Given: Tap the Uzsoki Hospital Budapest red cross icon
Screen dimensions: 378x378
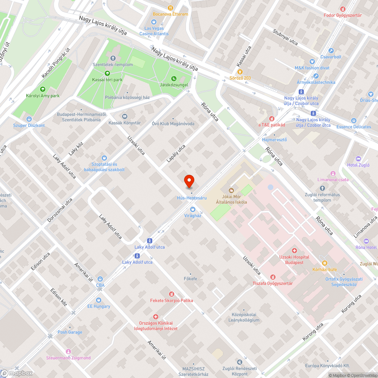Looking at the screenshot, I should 294,251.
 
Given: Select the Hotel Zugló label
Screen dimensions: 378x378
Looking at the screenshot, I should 358,165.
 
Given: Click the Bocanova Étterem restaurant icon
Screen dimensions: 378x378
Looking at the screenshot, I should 170,8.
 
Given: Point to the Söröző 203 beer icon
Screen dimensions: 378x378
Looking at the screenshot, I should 239,71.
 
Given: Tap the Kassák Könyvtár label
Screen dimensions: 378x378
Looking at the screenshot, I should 125,123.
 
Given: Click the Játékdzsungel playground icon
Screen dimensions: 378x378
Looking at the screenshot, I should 174,78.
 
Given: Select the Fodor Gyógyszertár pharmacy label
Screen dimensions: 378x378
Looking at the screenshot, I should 343,15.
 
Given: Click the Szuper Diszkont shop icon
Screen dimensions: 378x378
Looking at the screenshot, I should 29,119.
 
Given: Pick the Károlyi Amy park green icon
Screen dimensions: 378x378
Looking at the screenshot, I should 42,89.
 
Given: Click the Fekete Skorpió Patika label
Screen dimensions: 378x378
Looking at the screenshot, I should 171,301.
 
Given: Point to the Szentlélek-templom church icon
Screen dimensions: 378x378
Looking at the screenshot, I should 113,58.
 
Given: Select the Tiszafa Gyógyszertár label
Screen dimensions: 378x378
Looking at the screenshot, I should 273,283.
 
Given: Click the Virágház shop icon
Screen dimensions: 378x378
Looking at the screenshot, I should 192,209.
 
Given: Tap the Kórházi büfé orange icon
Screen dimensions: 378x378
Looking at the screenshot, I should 324,263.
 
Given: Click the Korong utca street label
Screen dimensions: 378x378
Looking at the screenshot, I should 313,332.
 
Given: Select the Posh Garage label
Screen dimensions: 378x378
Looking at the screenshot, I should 70,332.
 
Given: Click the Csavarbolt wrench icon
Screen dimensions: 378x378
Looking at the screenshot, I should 331,51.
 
